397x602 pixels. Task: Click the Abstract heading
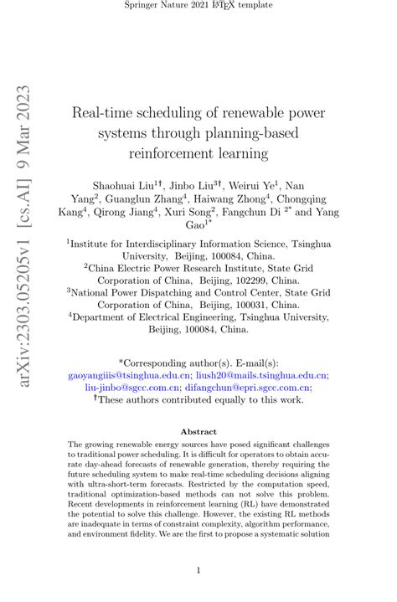click(x=198, y=432)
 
